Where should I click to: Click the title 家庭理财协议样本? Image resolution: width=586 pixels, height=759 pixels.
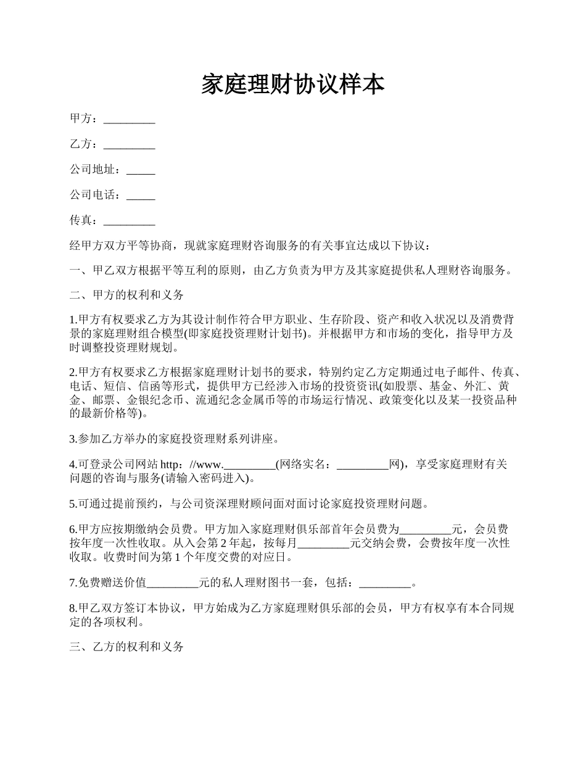click(293, 85)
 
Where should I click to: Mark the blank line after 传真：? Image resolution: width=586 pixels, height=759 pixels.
click(129, 220)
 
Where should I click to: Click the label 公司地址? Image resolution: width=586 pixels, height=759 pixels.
click(92, 170)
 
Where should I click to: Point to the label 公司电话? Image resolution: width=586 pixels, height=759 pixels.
click(92, 195)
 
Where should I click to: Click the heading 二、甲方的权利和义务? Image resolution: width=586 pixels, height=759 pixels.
click(126, 296)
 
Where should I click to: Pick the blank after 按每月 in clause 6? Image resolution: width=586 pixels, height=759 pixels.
click(324, 544)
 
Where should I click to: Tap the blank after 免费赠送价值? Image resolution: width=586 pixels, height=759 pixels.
click(173, 583)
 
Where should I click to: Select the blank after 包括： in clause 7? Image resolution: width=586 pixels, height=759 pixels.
click(384, 583)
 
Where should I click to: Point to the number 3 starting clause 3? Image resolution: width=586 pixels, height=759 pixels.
click(72, 439)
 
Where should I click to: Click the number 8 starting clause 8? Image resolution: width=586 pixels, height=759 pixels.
click(72, 608)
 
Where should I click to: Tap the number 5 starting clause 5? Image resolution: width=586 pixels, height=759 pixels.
click(72, 504)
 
